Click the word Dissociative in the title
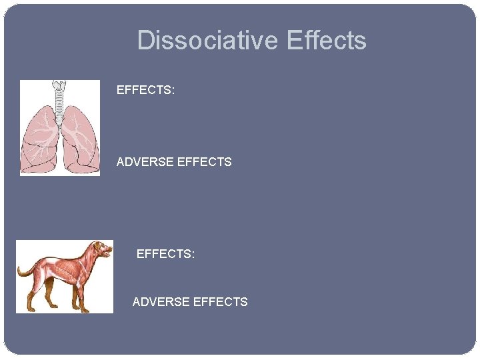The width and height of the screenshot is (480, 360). click(207, 41)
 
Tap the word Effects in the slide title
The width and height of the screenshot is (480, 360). click(326, 41)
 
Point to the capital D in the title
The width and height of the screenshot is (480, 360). click(145, 41)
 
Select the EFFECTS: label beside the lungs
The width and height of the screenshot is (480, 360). click(145, 89)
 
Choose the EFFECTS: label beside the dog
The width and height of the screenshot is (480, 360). click(165, 254)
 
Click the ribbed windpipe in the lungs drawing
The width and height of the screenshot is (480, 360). click(60, 107)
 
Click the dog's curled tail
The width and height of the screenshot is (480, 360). click(25, 269)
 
